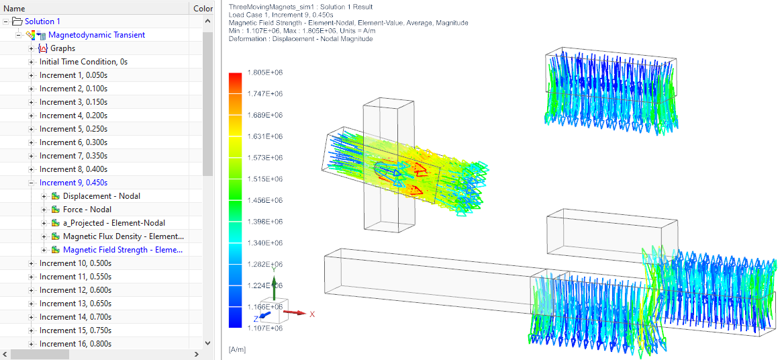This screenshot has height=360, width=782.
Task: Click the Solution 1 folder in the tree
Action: [x=42, y=21]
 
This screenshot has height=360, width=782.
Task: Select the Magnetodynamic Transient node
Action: [x=96, y=35]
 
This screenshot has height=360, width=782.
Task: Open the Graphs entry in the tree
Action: [x=63, y=48]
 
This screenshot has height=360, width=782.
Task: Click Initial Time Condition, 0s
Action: [x=83, y=62]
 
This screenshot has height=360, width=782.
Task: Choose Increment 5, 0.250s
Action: [x=73, y=129]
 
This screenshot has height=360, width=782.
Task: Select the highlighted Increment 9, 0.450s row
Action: [x=73, y=183]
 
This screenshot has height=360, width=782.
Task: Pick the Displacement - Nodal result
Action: [x=101, y=196]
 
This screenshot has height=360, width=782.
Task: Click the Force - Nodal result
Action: [x=87, y=210]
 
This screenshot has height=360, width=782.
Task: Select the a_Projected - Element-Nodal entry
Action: [x=113, y=223]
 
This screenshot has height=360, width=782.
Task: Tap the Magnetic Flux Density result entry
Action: [x=123, y=236]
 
